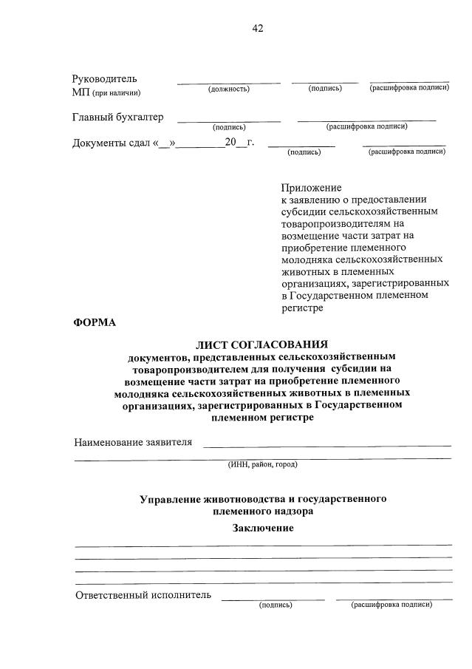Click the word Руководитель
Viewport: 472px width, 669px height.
104,79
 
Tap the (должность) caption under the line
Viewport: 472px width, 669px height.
228,89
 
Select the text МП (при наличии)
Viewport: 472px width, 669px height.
106,92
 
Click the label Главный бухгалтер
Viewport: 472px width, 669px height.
117,118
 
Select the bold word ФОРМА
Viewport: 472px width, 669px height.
95,322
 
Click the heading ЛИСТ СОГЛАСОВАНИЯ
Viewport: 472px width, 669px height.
261,344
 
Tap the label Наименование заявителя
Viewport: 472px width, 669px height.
133,442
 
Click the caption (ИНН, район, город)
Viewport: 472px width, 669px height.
262,465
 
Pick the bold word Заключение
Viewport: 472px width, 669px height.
263,528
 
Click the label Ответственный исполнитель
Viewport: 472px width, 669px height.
143,594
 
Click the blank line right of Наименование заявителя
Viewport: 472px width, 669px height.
326,445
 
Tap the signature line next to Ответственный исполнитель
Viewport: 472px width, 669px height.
273,598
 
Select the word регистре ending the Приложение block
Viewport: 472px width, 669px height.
302,308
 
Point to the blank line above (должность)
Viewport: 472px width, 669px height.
228,82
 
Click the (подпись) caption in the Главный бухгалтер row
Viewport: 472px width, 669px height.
228,126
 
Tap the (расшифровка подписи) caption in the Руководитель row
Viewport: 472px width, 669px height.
408,88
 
